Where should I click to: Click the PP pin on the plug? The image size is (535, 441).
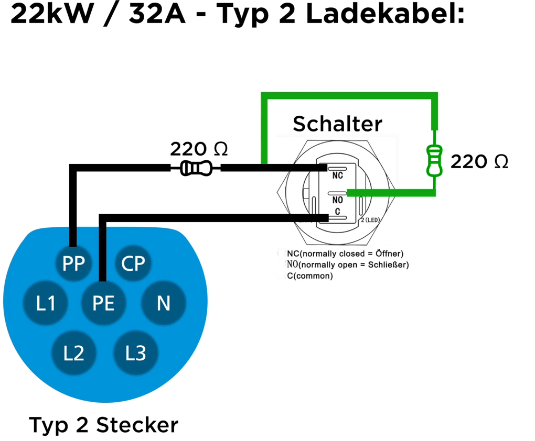(x=73, y=263)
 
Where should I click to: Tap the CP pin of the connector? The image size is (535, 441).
(x=133, y=263)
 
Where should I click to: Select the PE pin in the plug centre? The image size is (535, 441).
(x=103, y=303)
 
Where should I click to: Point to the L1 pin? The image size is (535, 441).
(x=46, y=303)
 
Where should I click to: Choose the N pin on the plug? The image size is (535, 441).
(x=164, y=303)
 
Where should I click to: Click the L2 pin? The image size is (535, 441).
(x=73, y=353)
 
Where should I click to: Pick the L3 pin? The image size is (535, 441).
(x=135, y=353)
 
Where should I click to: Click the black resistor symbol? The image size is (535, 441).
(x=196, y=168)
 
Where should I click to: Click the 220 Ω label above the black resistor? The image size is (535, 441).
(x=199, y=149)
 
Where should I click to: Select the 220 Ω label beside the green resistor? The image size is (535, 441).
(x=479, y=162)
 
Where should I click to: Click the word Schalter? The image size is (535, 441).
(x=337, y=124)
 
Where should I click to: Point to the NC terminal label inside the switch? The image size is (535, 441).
(x=337, y=176)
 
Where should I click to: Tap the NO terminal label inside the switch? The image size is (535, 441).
(x=337, y=200)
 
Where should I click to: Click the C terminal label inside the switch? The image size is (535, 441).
(x=337, y=211)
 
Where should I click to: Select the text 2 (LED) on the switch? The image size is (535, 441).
(x=371, y=220)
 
